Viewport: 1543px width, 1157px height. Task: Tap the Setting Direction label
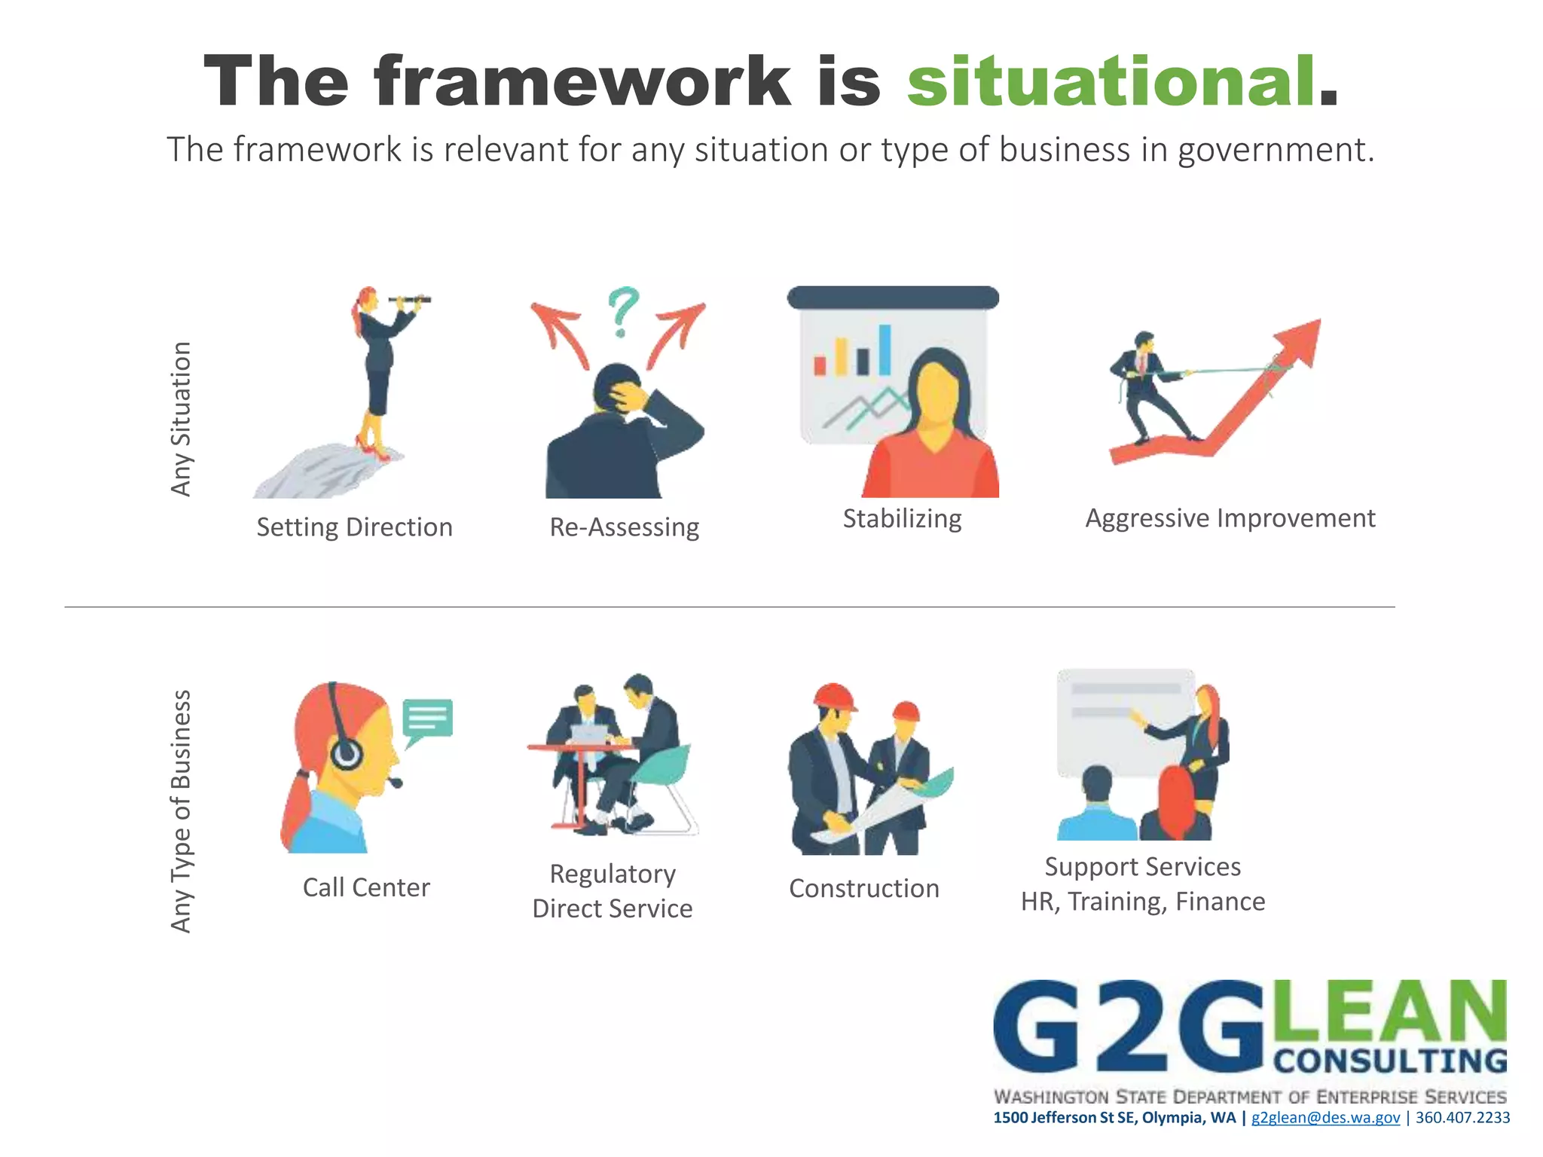354,527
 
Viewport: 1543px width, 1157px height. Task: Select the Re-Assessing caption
624,527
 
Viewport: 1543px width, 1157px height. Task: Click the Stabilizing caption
902,519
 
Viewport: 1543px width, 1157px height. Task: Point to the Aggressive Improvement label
1230,518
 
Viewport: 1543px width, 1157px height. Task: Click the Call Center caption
366,887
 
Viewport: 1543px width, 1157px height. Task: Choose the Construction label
863,889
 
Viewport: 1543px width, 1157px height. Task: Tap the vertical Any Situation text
181,419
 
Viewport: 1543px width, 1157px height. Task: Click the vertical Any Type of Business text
181,811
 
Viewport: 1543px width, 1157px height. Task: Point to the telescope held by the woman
411,300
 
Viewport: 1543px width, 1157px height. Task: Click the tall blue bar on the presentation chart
885,350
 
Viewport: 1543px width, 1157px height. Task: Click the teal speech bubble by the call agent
427,719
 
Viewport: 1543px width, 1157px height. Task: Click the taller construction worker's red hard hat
835,696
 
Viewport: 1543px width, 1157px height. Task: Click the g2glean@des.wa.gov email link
1325,1117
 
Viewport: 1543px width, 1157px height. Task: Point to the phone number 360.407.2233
1462,1117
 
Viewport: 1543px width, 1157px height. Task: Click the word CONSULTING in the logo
1390,1061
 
